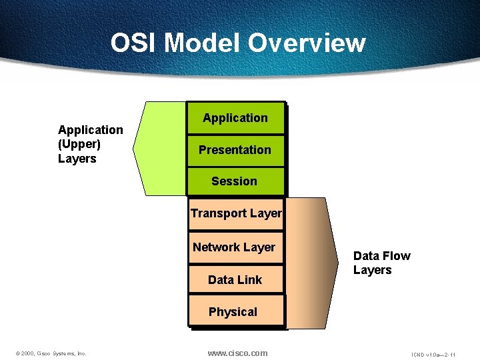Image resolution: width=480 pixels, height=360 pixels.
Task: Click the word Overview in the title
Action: (307, 43)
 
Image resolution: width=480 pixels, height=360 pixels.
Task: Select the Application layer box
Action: (235, 118)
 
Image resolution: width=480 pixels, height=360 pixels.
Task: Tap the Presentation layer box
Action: (235, 150)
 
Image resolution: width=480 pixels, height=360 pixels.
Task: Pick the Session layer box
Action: (235, 181)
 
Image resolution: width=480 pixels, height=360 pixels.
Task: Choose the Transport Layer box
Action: (236, 214)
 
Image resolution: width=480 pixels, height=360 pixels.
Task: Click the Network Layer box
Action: (235, 247)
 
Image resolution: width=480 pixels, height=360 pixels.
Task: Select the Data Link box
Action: (235, 280)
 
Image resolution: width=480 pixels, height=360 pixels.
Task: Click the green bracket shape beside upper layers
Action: (160, 147)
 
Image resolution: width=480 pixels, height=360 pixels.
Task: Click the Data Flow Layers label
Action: (381, 263)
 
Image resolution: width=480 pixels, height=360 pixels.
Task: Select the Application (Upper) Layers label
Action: (90, 144)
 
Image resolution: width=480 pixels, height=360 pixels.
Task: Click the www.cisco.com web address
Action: (237, 353)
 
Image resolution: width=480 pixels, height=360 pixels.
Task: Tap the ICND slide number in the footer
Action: (433, 353)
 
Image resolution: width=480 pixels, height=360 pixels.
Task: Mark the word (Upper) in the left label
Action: (79, 144)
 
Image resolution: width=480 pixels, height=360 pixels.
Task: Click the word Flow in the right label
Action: (396, 256)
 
